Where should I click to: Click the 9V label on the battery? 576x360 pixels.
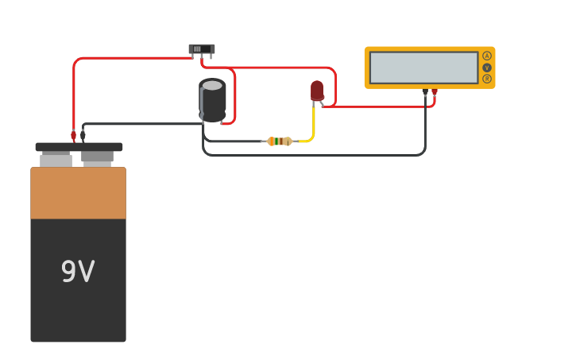click(x=78, y=272)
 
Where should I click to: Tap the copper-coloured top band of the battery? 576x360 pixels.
click(x=78, y=193)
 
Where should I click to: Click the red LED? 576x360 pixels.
click(x=317, y=91)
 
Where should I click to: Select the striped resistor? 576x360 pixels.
click(x=279, y=141)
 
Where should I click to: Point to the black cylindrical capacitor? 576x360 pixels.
click(x=212, y=102)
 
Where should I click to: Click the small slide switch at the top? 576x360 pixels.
click(x=202, y=49)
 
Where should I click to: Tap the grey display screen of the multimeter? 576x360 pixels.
click(x=423, y=68)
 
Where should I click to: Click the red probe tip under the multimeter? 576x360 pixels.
click(x=435, y=94)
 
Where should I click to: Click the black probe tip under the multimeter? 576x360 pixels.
click(x=425, y=94)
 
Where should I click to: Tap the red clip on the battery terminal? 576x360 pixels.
click(x=73, y=136)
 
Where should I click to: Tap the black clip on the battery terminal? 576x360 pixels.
click(x=83, y=136)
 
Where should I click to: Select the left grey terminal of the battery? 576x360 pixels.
click(x=56, y=160)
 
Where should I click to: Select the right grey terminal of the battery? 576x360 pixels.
click(x=97, y=158)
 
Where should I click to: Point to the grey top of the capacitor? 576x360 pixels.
click(x=212, y=85)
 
